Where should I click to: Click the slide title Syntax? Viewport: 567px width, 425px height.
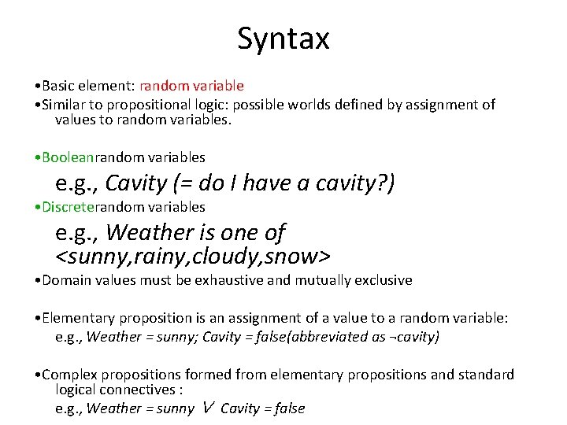click(x=283, y=38)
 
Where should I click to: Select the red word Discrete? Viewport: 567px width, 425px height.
click(x=69, y=207)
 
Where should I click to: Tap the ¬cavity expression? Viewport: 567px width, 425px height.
click(x=413, y=337)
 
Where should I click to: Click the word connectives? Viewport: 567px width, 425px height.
click(x=143, y=390)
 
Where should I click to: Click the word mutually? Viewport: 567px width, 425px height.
click(x=324, y=280)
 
